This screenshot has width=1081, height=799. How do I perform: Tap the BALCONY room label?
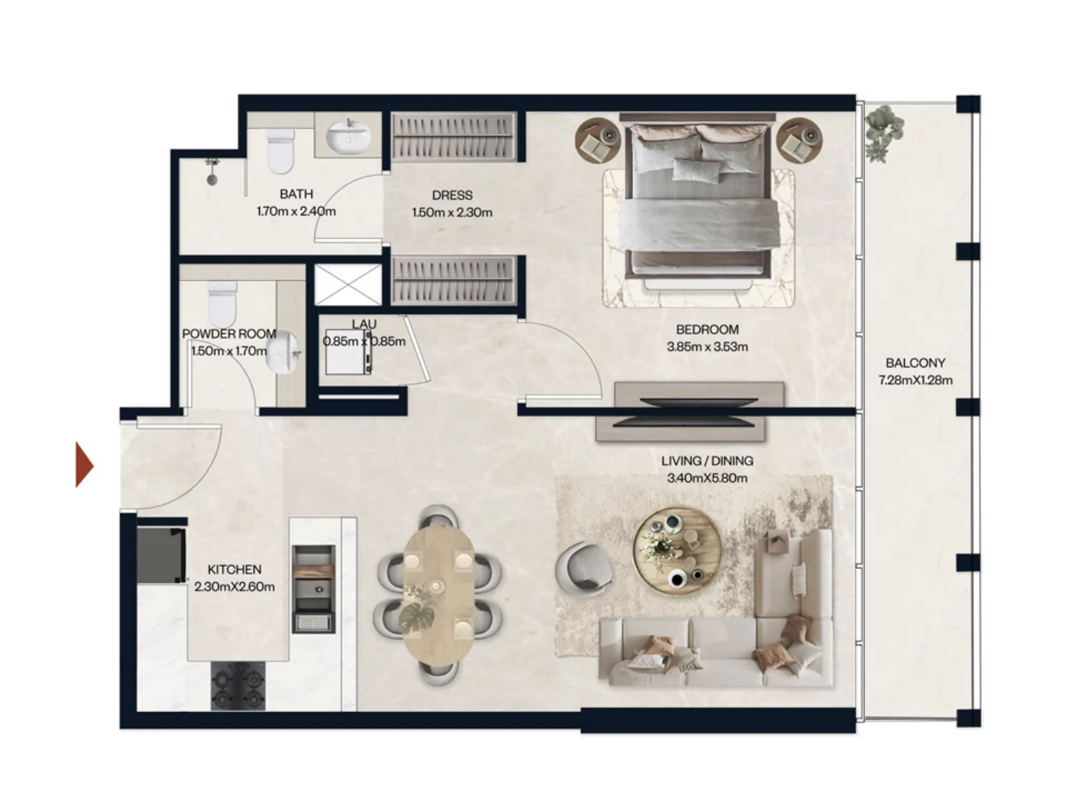[x=915, y=363]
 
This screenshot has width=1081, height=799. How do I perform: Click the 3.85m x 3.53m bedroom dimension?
[x=707, y=347]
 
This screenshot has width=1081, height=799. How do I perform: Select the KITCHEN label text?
[x=234, y=570]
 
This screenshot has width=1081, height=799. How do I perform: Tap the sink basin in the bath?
[x=347, y=136]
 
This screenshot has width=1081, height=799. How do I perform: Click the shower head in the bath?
[x=212, y=171]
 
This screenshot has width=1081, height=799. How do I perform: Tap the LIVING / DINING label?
[x=707, y=461]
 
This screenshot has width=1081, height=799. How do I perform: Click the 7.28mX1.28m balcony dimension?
[x=915, y=380]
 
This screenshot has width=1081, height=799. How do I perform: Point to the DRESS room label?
[x=452, y=195]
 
